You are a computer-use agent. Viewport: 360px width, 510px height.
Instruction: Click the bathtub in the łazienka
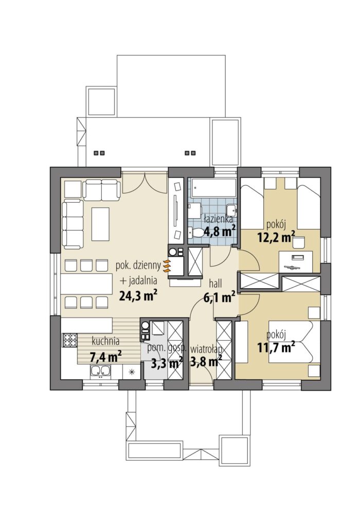pos(213,187)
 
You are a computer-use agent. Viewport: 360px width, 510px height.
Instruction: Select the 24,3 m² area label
pos(138,295)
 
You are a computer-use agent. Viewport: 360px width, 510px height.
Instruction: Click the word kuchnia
pos(105,341)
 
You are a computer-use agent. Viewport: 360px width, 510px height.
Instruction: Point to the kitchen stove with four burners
pos(69,341)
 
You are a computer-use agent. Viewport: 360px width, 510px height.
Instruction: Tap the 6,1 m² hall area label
pos(219,297)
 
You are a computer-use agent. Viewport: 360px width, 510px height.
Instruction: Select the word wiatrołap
pos(206,349)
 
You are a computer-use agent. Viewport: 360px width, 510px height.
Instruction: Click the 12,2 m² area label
pos(276,237)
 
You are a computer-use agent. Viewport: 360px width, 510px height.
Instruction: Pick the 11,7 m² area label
pos(276,347)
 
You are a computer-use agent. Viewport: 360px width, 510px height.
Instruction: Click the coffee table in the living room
pos(100,224)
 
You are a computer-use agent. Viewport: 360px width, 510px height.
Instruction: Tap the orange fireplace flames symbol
pos(166,266)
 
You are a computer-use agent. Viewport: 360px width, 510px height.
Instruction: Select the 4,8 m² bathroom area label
pos(219,232)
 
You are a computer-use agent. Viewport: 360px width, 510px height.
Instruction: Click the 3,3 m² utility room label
pos(166,362)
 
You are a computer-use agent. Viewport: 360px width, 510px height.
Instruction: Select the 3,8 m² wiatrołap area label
pos(206,362)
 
